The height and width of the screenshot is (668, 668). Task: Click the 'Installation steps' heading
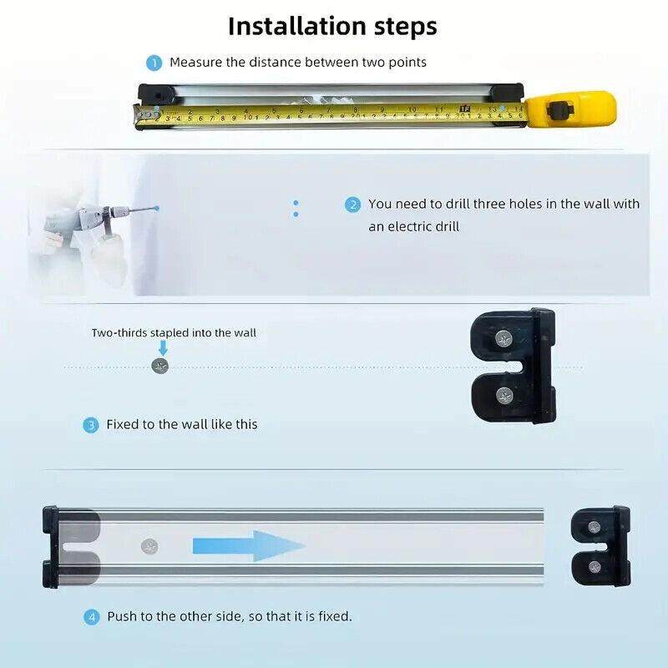[x=332, y=27]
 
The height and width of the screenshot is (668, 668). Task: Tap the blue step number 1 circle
[x=154, y=63]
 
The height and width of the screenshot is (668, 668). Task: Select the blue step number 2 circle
[x=352, y=205]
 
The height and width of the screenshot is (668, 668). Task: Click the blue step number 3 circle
[x=90, y=425]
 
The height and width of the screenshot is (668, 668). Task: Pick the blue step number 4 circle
[x=91, y=617]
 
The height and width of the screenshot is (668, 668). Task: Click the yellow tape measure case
[x=571, y=109]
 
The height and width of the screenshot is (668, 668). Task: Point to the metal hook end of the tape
[x=144, y=116]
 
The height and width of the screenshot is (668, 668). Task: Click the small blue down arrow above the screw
[x=163, y=347]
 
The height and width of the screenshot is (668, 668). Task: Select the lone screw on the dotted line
[x=160, y=366]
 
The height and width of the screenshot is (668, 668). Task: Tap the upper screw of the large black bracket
[x=504, y=339]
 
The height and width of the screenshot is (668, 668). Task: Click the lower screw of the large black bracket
[x=505, y=397]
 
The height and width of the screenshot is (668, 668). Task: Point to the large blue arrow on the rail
[x=249, y=546]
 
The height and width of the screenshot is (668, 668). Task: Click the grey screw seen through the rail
[x=149, y=547]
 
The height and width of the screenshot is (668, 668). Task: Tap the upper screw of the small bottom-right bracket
[x=595, y=528]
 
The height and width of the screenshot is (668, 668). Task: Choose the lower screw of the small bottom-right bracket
[x=595, y=567]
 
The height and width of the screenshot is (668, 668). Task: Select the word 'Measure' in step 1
[x=196, y=63]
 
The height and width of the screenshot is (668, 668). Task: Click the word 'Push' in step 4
[x=122, y=616]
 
